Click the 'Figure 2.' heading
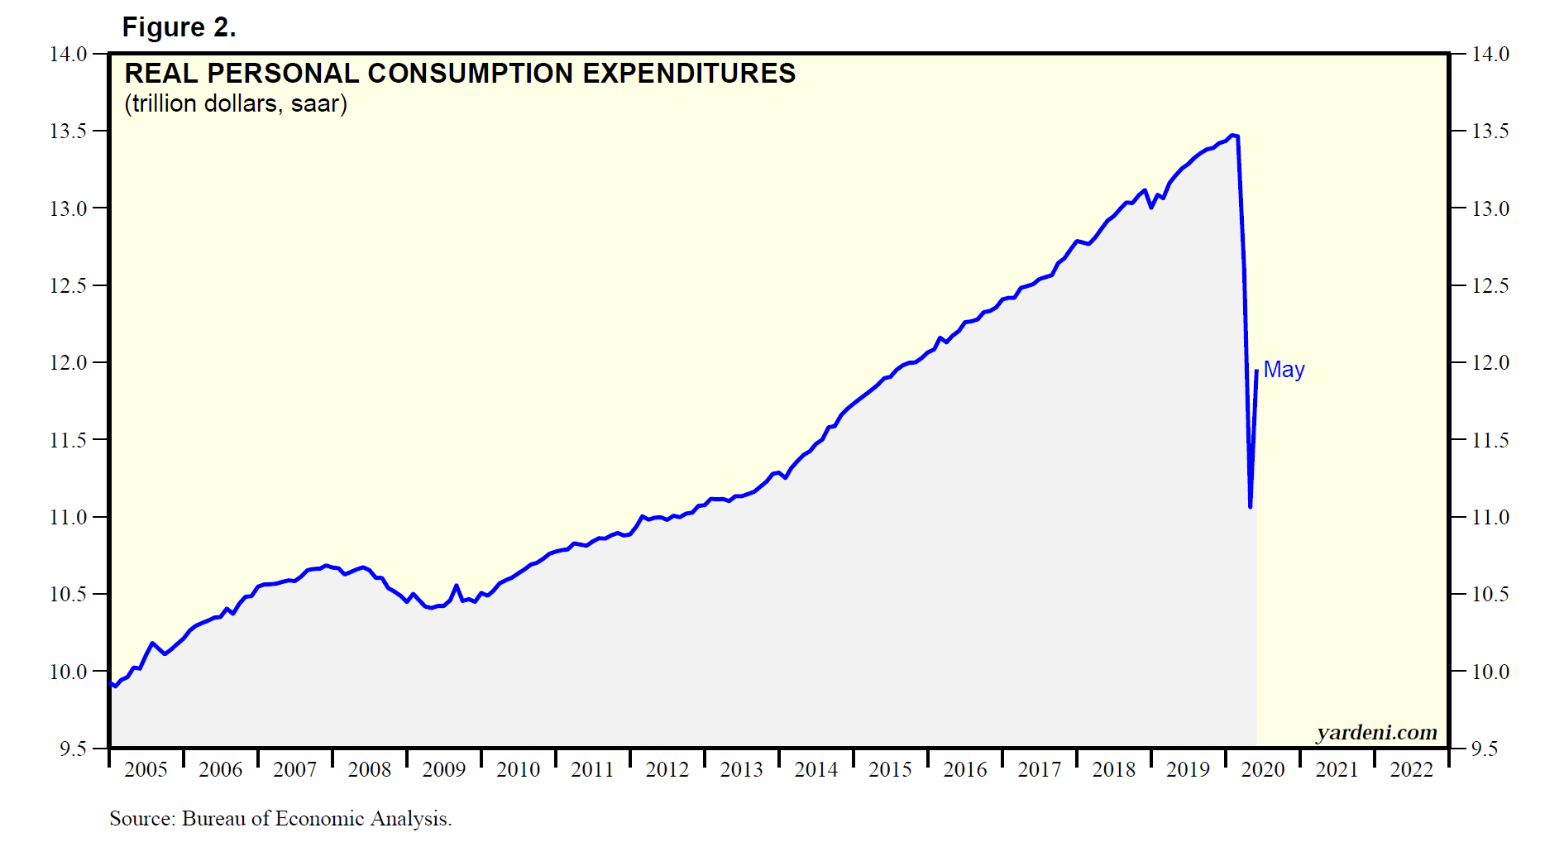(179, 27)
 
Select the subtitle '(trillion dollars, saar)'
(236, 104)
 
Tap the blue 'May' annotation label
(1284, 370)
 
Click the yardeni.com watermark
(1376, 732)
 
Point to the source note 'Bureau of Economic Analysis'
(316, 819)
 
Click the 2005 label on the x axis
(146, 770)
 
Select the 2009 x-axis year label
(444, 770)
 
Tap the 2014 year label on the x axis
(816, 770)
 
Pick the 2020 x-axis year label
(1263, 770)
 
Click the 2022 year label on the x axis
(1412, 770)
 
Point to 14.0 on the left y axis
(68, 55)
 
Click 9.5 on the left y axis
(73, 749)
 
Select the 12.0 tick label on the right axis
(1490, 363)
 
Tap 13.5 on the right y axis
(1490, 132)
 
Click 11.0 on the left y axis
(68, 518)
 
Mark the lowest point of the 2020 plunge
(1250, 507)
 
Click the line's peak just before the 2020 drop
(1232, 135)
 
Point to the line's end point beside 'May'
(1256, 371)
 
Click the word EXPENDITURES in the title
(689, 74)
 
